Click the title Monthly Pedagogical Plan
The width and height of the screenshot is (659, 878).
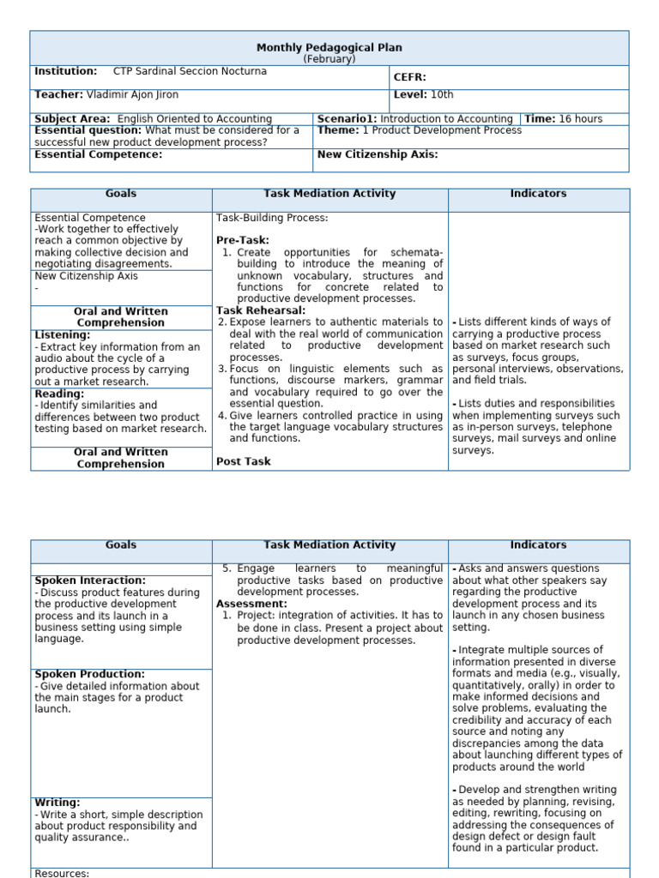click(x=329, y=48)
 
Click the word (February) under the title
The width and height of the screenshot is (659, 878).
click(x=329, y=59)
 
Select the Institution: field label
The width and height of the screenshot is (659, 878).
click(x=65, y=72)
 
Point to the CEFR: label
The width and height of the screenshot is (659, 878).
click(x=410, y=77)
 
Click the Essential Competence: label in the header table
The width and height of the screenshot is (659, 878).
click(x=98, y=155)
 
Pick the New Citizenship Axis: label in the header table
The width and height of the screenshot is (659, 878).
click(x=378, y=155)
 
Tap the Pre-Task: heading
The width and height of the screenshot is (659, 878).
click(x=243, y=241)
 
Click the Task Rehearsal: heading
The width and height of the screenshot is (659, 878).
click(x=261, y=310)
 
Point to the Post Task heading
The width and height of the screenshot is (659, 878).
click(x=243, y=461)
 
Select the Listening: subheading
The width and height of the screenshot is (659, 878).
click(x=63, y=335)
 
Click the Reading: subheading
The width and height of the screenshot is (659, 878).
click(x=59, y=394)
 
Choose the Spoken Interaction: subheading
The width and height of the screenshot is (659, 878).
click(x=90, y=580)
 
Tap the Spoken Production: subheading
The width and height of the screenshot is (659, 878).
click(x=90, y=675)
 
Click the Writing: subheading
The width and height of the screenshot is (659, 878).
click(x=57, y=803)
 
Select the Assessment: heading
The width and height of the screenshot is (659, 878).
click(x=251, y=604)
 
